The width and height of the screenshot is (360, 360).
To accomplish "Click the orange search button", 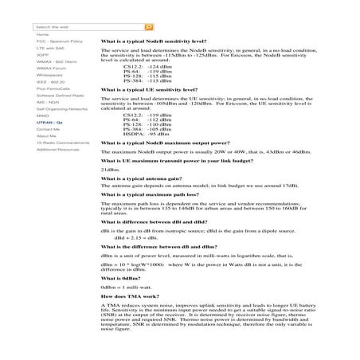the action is click(x=149, y=26).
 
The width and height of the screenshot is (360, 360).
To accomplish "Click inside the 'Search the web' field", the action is click(x=88, y=26).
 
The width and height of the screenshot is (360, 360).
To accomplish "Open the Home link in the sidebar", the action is click(x=42, y=35).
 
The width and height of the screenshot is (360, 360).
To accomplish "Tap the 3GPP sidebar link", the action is click(x=42, y=55).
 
